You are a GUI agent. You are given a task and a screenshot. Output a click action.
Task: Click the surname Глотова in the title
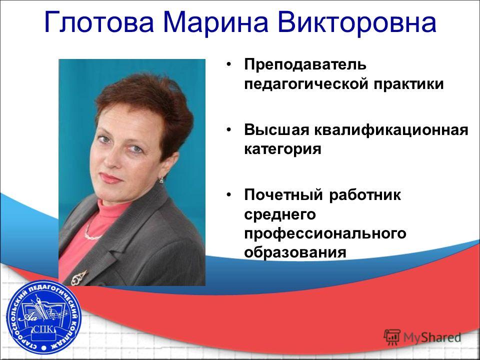(99, 22)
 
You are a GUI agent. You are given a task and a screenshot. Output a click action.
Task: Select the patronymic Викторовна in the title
(357, 22)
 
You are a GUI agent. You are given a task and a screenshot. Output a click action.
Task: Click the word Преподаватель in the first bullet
(305, 64)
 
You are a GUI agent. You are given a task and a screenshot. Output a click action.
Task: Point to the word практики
(408, 83)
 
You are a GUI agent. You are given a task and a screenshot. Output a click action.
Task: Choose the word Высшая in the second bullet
(276, 130)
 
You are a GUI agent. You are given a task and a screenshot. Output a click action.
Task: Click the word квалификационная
(391, 130)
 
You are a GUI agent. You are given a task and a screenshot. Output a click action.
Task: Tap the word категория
(282, 149)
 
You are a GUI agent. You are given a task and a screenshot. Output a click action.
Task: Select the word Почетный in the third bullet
(283, 194)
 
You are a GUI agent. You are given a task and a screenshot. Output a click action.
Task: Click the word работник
(365, 194)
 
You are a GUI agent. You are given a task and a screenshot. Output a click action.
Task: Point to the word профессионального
(325, 234)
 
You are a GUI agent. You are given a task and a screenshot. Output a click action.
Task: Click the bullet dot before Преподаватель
(228, 64)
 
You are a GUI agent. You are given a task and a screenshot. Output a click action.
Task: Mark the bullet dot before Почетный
(228, 194)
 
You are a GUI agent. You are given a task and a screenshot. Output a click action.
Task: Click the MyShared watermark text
(432, 337)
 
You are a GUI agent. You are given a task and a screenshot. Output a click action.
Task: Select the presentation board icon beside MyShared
(392, 337)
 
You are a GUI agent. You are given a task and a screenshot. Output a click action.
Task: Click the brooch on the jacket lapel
(79, 276)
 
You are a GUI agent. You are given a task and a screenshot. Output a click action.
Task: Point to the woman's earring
(161, 180)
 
